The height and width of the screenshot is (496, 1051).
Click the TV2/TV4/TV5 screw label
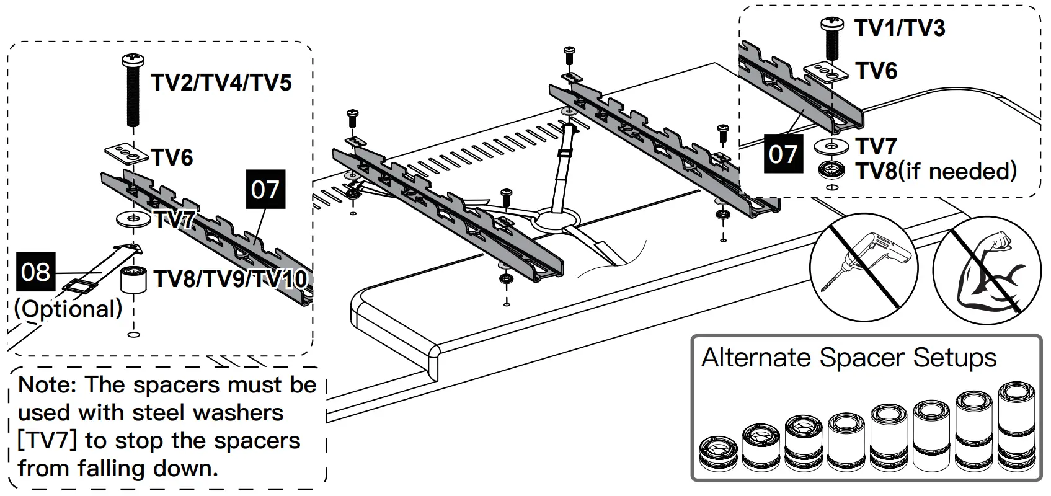coord(221,82)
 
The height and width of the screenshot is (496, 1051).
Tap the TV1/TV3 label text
coord(900,28)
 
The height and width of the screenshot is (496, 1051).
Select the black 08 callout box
coord(35,272)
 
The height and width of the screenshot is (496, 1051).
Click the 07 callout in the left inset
coord(265,189)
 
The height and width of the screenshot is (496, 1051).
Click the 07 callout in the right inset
coord(783,153)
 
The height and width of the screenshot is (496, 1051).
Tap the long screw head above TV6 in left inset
coord(134,61)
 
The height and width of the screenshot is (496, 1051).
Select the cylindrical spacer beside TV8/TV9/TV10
coord(133,280)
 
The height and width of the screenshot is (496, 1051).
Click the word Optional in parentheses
coord(68,309)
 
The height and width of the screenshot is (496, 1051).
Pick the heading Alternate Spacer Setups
coord(849,358)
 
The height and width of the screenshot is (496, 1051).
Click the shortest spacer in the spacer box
coord(718,454)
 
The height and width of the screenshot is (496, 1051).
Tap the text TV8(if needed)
coord(936,171)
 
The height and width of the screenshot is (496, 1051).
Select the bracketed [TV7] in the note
coord(47,440)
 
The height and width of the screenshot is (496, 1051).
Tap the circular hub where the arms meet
coord(556,218)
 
